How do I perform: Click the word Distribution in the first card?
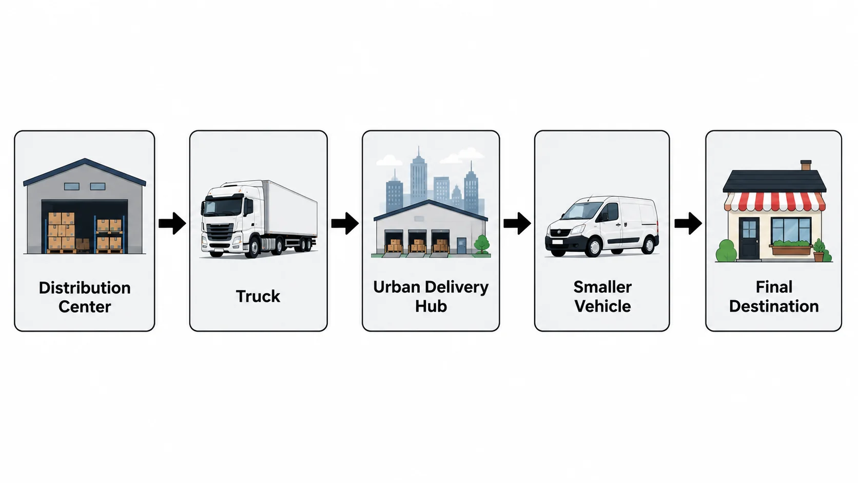point(85,288)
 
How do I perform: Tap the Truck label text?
point(258,297)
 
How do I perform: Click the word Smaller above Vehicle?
point(602,287)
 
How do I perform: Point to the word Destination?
point(774,306)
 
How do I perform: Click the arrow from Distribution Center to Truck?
point(172,223)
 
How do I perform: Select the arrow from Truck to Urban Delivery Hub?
point(345,223)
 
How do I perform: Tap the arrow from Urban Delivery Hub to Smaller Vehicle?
point(517,223)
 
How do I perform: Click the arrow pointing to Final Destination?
point(688,223)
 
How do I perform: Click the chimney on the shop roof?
point(806,165)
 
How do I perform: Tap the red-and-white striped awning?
point(774,202)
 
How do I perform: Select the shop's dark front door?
point(749,238)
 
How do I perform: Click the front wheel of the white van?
point(594,247)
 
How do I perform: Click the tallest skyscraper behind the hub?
point(419,178)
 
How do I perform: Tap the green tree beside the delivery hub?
point(481,244)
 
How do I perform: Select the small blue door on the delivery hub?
point(461,245)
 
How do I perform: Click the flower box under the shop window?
point(791,250)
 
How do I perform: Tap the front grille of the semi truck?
point(220,231)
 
